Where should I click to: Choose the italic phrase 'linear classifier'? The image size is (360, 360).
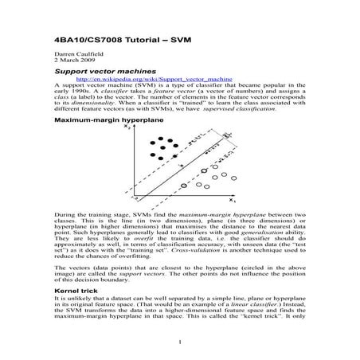coord(248,307)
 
